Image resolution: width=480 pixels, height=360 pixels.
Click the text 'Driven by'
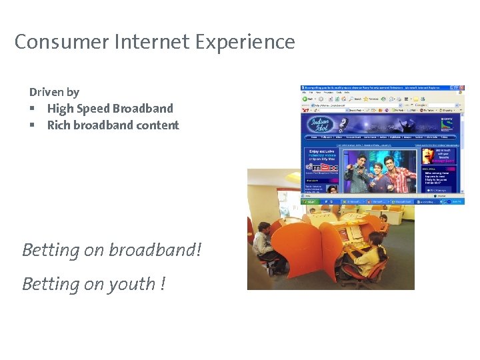point(54,92)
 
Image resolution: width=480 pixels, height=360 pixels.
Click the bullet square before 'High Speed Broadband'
point(32,109)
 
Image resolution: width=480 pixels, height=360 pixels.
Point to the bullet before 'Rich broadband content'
point(32,125)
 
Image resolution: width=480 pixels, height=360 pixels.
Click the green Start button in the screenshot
point(310,201)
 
